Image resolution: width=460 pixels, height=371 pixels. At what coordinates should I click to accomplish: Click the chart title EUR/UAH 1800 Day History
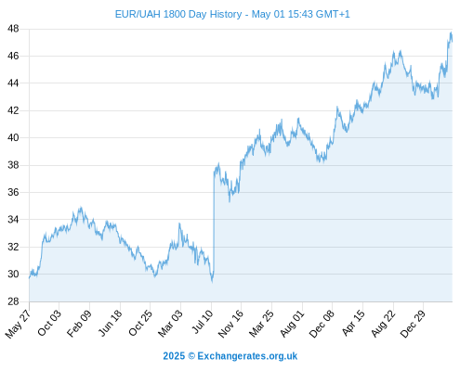tap(178, 14)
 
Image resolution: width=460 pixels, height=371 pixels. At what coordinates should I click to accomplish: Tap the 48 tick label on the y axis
tap(13, 29)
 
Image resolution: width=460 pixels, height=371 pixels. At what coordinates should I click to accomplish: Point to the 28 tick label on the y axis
tap(13, 301)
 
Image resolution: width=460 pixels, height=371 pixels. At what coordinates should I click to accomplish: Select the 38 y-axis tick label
tap(13, 165)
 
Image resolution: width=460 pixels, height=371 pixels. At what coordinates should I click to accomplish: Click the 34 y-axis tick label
tap(13, 220)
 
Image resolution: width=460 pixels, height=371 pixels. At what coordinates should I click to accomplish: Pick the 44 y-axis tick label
tap(13, 83)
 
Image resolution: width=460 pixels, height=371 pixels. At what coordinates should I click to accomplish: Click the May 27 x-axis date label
tap(18, 324)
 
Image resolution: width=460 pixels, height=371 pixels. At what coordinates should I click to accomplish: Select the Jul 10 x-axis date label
tap(203, 322)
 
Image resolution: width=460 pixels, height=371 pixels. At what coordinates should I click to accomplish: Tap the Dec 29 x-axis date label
tap(414, 323)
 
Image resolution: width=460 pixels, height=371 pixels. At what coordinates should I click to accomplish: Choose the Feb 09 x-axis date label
tap(79, 323)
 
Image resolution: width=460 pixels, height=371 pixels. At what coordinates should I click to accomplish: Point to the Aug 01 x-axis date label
tap(292, 323)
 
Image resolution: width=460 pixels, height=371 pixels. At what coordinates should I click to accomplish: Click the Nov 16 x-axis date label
tap(230, 324)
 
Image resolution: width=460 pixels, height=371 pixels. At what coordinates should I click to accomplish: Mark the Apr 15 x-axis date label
tap(353, 323)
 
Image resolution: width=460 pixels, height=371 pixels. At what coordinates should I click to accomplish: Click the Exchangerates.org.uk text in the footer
tap(247, 356)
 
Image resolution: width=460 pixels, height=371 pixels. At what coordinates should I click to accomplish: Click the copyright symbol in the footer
tap(191, 356)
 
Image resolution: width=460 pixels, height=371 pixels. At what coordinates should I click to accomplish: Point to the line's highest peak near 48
tap(451, 32)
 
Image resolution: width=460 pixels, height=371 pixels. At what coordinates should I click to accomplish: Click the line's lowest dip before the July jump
tap(212, 281)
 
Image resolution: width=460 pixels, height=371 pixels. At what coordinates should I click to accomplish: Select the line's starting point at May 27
tap(30, 278)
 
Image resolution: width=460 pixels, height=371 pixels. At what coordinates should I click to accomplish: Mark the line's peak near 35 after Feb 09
tap(81, 208)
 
